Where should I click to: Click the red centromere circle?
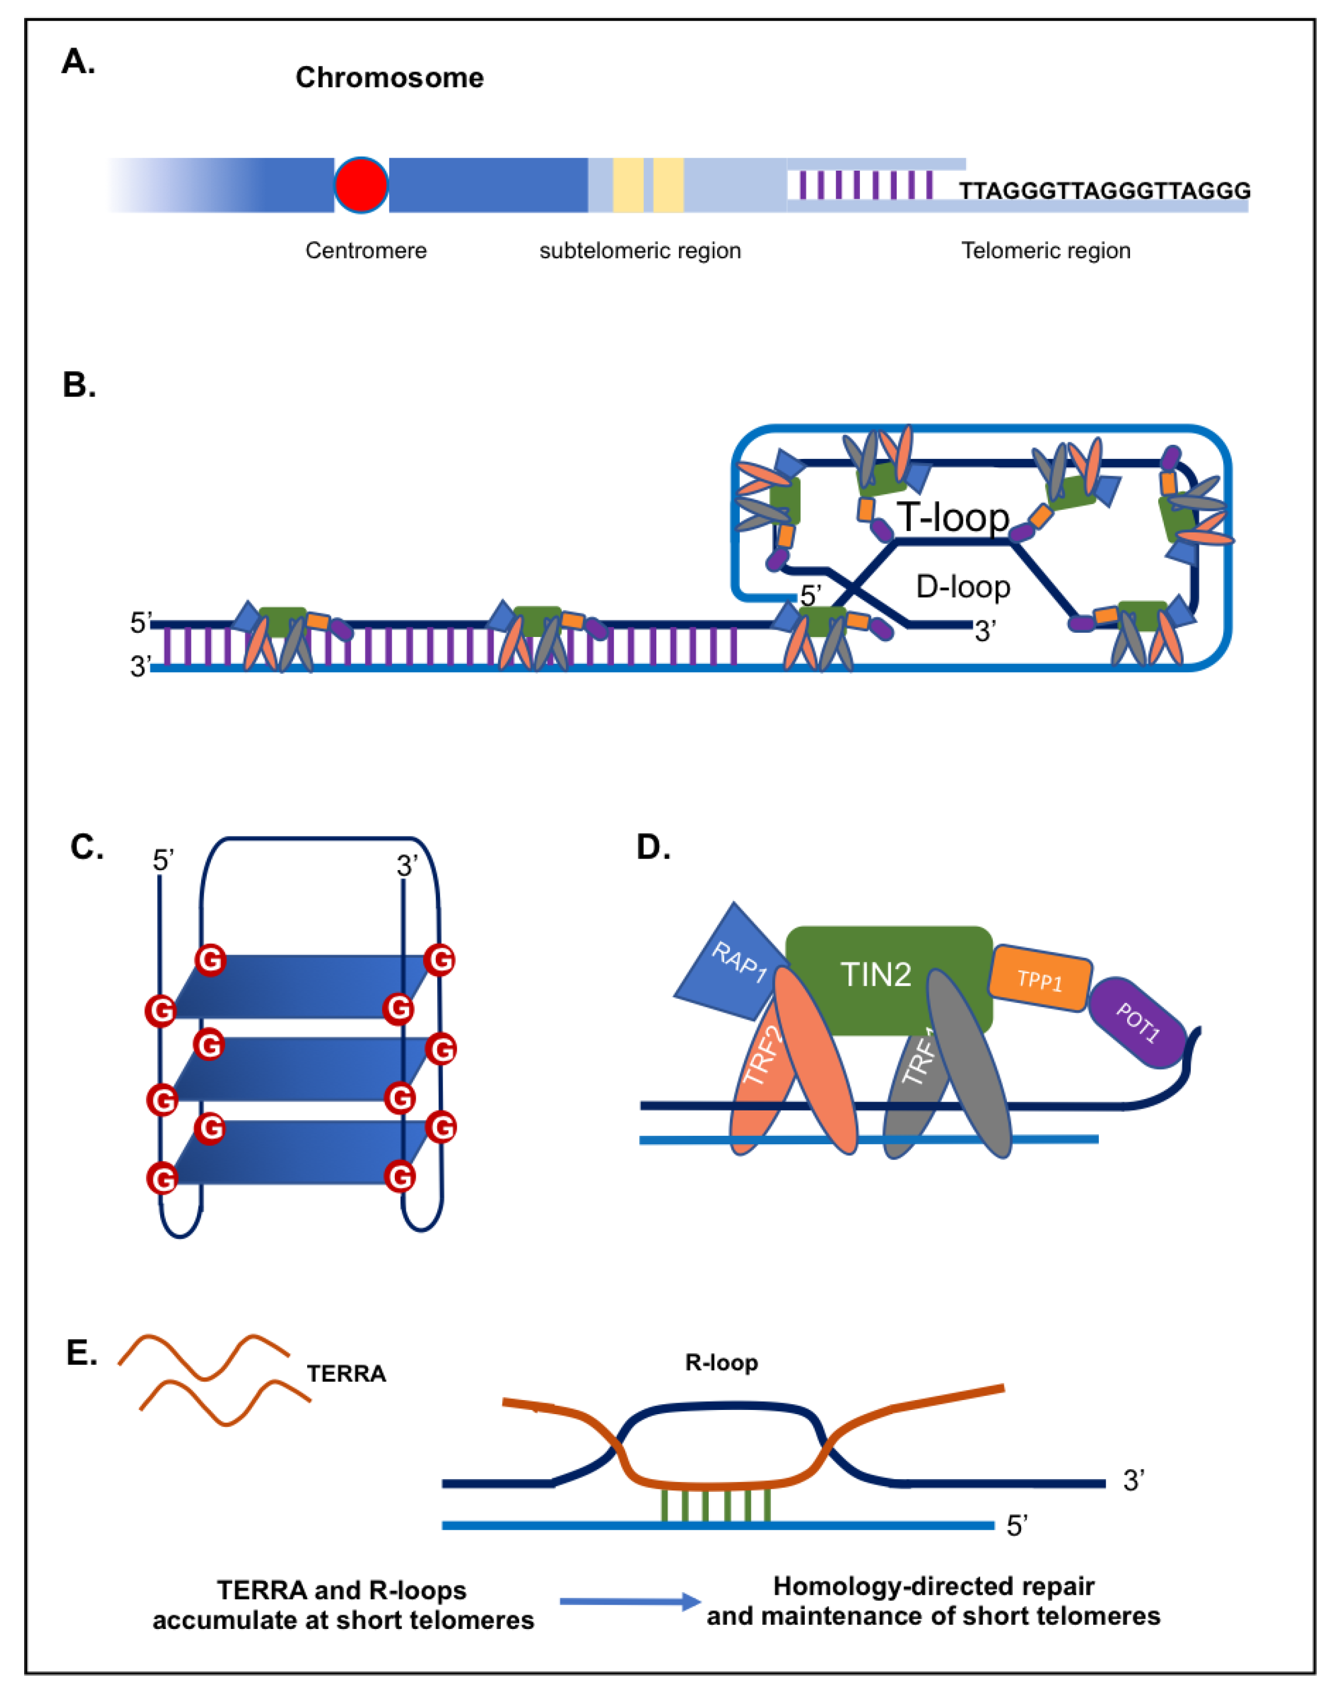click(361, 185)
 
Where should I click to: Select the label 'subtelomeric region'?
click(639, 251)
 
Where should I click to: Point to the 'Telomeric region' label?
click(1045, 251)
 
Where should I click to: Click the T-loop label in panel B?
click(952, 517)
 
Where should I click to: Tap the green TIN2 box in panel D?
click(876, 974)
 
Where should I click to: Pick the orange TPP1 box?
click(1039, 979)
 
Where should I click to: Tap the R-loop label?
click(721, 1363)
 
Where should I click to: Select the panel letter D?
click(653, 847)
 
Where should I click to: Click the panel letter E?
click(81, 1353)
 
